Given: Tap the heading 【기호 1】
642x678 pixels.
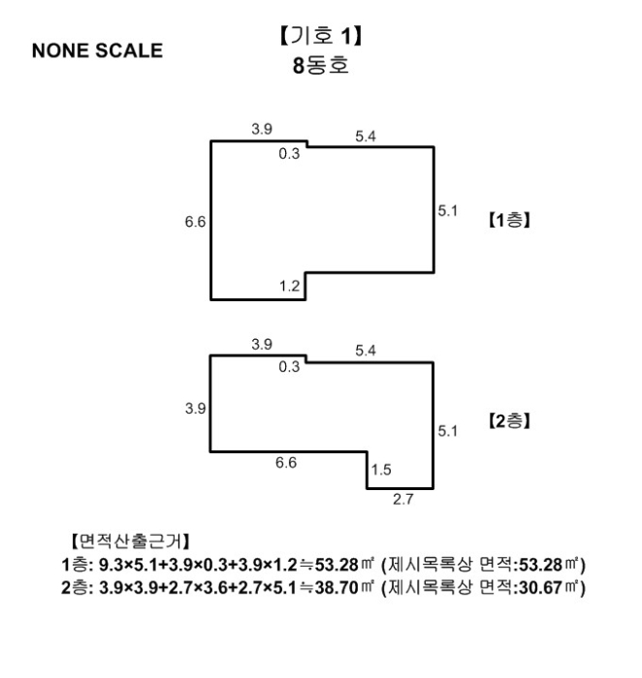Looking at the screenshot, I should coord(320,40).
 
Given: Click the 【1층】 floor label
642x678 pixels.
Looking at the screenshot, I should coord(506,220).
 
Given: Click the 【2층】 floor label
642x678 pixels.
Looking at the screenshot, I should coord(506,423).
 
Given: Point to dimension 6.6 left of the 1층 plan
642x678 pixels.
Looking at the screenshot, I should coord(194,222).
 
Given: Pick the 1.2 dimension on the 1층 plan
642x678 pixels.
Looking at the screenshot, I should coord(289,288).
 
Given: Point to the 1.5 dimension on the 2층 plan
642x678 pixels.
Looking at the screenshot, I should coord(380,470).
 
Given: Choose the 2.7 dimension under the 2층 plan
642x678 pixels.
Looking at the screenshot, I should coord(400,501).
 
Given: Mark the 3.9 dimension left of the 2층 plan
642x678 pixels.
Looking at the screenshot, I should coord(194,409).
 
